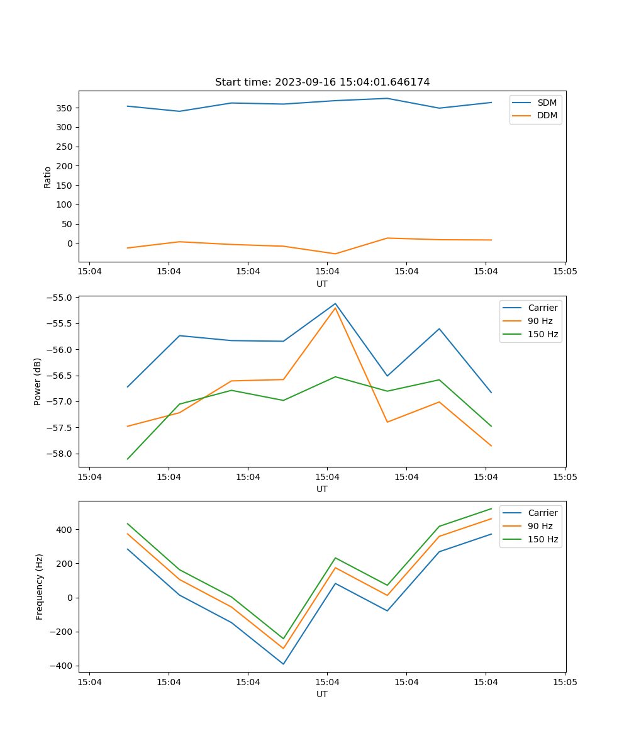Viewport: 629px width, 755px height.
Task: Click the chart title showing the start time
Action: pyautogui.click(x=322, y=82)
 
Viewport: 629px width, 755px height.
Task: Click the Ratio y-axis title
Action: pyautogui.click(x=48, y=177)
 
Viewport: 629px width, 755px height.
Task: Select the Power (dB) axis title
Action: pyautogui.click(x=38, y=381)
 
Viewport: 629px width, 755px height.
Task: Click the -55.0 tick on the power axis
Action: pyautogui.click(x=61, y=298)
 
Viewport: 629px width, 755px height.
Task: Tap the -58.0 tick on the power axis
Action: pyautogui.click(x=61, y=454)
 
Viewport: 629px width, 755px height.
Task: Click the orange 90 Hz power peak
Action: pyautogui.click(x=335, y=308)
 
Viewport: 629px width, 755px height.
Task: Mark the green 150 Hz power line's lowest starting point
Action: pyautogui.click(x=128, y=459)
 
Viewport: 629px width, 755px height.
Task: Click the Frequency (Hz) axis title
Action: pyautogui.click(x=40, y=586)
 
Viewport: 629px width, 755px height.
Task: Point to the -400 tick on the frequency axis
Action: pyautogui.click(x=63, y=666)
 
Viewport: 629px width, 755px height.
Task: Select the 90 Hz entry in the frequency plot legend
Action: pyautogui.click(x=540, y=526)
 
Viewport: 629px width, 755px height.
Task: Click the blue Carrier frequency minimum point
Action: pyautogui.click(x=283, y=664)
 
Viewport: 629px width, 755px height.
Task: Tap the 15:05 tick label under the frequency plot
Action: pyautogui.click(x=564, y=682)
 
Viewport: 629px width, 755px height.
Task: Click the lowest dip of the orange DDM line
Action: pyautogui.click(x=335, y=254)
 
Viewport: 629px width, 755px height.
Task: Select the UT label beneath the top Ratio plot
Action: pyautogui.click(x=322, y=284)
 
